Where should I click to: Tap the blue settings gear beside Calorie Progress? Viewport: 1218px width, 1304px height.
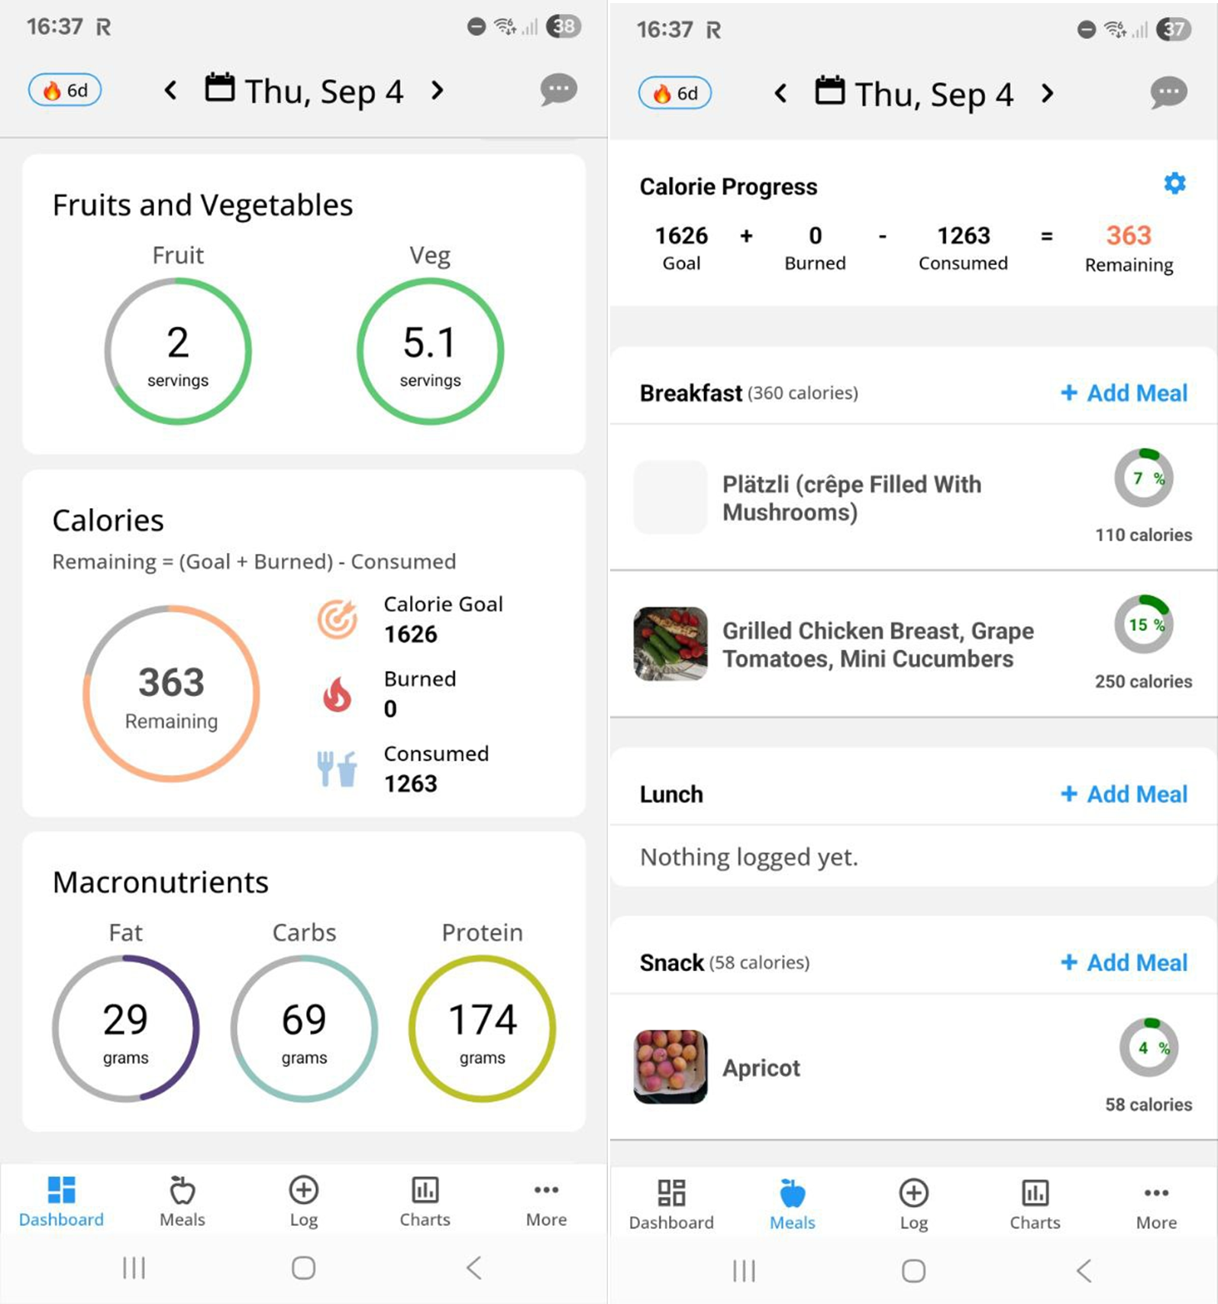[x=1174, y=183]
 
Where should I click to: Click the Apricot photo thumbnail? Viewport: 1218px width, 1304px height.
[x=670, y=1066]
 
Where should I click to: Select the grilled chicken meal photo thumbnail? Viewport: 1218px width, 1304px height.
[x=670, y=644]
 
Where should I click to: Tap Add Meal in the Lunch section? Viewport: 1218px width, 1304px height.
[x=1124, y=794]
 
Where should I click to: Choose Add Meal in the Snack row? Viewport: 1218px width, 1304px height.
[x=1124, y=963]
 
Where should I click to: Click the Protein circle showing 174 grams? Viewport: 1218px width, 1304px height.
[x=482, y=1028]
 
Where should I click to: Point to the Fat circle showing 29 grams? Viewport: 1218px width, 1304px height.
[x=126, y=1028]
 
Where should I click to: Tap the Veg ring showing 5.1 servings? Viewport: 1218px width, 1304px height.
[x=430, y=351]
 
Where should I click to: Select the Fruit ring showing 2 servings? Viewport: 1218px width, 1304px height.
[x=178, y=351]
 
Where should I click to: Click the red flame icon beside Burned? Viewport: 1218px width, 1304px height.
[x=337, y=694]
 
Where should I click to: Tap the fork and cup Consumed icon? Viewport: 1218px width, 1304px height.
[x=337, y=768]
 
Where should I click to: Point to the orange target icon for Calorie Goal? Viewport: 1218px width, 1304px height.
[x=337, y=619]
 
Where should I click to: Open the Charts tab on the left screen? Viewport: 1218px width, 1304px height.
[x=425, y=1200]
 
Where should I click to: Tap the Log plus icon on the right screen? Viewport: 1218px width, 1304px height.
[x=913, y=1193]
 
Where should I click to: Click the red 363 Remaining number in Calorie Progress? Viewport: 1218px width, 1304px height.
[x=1129, y=235]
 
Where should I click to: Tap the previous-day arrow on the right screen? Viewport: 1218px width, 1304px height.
[x=780, y=94]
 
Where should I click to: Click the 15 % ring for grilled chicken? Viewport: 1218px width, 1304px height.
[x=1143, y=624]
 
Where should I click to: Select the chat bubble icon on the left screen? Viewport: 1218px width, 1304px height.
[x=558, y=89]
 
